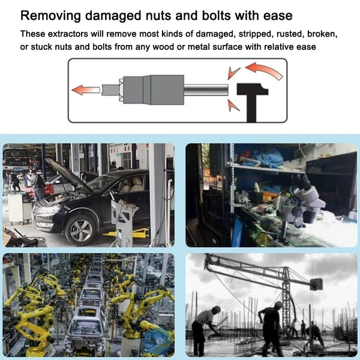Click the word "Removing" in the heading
(50, 16)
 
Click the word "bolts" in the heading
(216, 16)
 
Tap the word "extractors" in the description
(68, 34)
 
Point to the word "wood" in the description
(163, 47)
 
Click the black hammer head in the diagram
(253, 89)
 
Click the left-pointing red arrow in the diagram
(86, 90)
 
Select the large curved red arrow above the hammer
(264, 70)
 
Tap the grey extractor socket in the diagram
(154, 89)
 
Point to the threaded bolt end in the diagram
(110, 90)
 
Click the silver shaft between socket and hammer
(206, 90)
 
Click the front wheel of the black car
(80, 230)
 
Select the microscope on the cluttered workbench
(300, 206)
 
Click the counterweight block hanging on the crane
(316, 284)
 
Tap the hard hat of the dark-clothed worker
(278, 304)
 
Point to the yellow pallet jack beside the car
(129, 233)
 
